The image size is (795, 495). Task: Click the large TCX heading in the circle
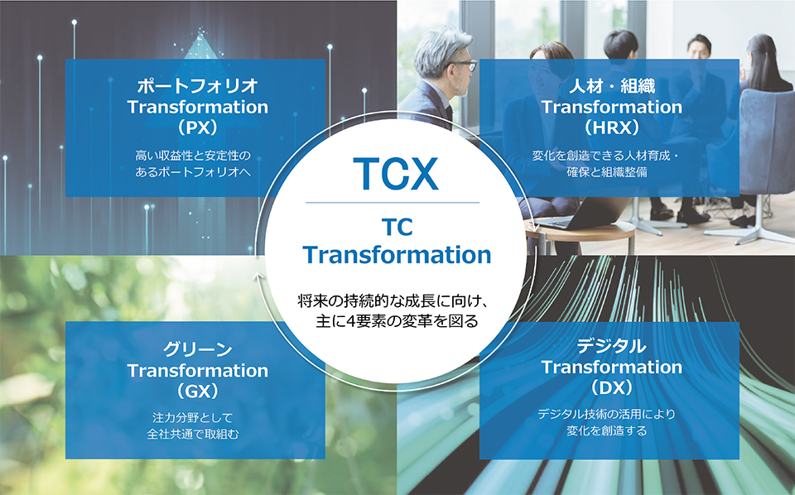click(396, 174)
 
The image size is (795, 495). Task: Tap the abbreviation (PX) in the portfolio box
click(198, 127)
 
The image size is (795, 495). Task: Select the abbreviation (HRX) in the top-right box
click(611, 127)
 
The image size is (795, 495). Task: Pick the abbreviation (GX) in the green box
click(198, 392)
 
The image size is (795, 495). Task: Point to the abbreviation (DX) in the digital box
click(611, 387)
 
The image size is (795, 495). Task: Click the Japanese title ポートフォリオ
click(198, 86)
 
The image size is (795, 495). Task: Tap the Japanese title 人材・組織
click(611, 86)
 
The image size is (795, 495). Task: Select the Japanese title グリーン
click(198, 349)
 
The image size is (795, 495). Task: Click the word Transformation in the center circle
click(397, 255)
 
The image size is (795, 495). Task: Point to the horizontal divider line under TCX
click(393, 203)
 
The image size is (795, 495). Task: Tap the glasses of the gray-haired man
click(464, 65)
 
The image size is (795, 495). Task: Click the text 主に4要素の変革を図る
click(397, 321)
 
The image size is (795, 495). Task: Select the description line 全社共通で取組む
click(193, 435)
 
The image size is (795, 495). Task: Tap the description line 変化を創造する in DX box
click(607, 430)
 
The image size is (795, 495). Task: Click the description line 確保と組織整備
click(607, 171)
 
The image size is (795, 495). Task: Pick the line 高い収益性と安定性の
click(193, 155)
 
